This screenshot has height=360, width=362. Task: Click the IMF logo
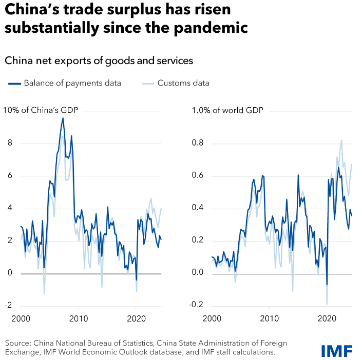[x=336, y=351]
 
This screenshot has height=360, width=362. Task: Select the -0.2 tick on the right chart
[x=196, y=305]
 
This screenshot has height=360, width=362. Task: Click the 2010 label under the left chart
[x=79, y=318]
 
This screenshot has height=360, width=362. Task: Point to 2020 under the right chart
[x=327, y=318]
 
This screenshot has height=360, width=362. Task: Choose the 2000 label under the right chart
[x=212, y=318]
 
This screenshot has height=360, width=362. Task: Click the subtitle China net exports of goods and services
[x=99, y=61]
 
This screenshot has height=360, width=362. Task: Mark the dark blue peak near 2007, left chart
[x=63, y=118]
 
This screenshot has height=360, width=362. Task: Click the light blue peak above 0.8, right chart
[x=341, y=140]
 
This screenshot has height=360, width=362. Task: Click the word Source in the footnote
[x=17, y=343]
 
